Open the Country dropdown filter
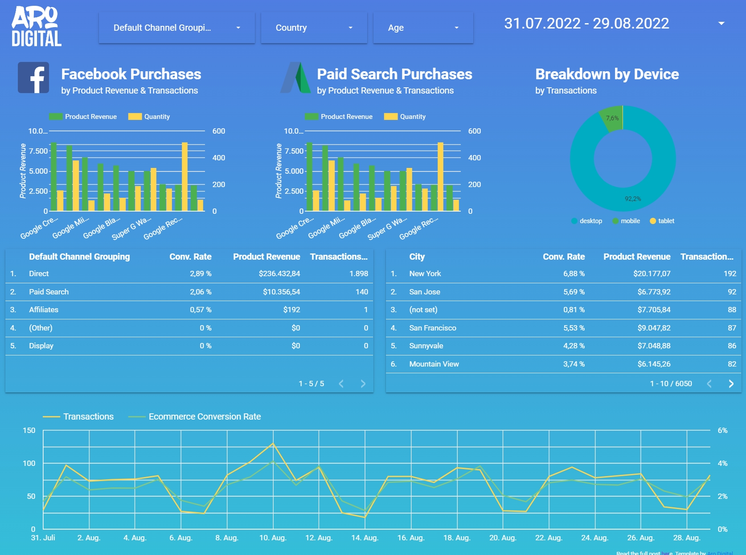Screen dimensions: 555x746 (x=314, y=28)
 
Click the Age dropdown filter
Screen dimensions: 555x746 (x=422, y=28)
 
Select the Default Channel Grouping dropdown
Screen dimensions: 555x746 (x=176, y=28)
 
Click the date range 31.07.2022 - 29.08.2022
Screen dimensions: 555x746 (x=586, y=23)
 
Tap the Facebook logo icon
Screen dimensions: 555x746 (x=33, y=78)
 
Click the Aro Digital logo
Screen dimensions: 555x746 (x=36, y=27)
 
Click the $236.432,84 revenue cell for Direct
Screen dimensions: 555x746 (x=279, y=273)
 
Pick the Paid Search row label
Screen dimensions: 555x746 (x=49, y=292)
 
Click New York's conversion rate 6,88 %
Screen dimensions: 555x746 (x=574, y=273)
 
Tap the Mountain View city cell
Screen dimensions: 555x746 (x=434, y=364)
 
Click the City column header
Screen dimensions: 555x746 (x=417, y=257)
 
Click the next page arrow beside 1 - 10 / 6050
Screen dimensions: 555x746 (x=731, y=384)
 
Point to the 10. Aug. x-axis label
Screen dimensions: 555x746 (x=273, y=538)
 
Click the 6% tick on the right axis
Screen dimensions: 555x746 (x=722, y=430)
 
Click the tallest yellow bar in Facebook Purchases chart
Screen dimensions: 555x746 (x=184, y=176)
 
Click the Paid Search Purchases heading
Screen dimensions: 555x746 (x=394, y=74)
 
